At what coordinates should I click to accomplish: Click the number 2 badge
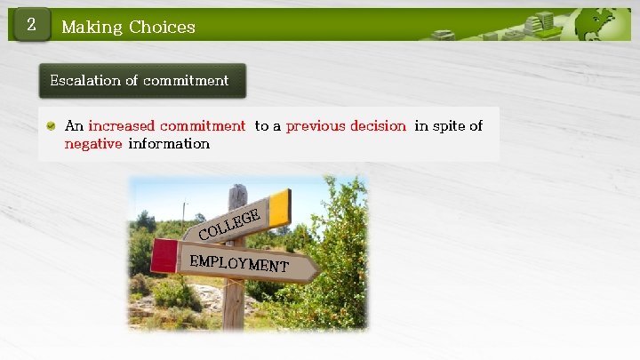coord(30,26)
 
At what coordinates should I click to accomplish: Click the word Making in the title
coord(92,27)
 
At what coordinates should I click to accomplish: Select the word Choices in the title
coord(162,27)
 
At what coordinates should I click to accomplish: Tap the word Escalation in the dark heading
coord(85,80)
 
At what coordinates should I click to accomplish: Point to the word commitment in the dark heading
coord(186,80)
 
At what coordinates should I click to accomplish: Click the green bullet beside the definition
coord(52,126)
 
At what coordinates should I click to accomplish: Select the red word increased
coord(122,126)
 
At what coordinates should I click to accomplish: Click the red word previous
coord(316,126)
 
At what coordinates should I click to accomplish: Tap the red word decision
coord(378,126)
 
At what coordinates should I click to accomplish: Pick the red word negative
coord(92,143)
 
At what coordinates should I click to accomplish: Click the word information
coord(169,143)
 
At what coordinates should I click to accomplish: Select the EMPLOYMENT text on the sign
coord(238,262)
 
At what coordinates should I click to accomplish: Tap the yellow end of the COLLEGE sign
coord(280,208)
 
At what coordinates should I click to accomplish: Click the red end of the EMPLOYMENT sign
coord(164,256)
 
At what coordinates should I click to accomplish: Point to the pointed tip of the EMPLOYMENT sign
coord(315,268)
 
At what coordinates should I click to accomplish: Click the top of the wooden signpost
coord(237,191)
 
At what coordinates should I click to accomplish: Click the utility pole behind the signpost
coord(185,212)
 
